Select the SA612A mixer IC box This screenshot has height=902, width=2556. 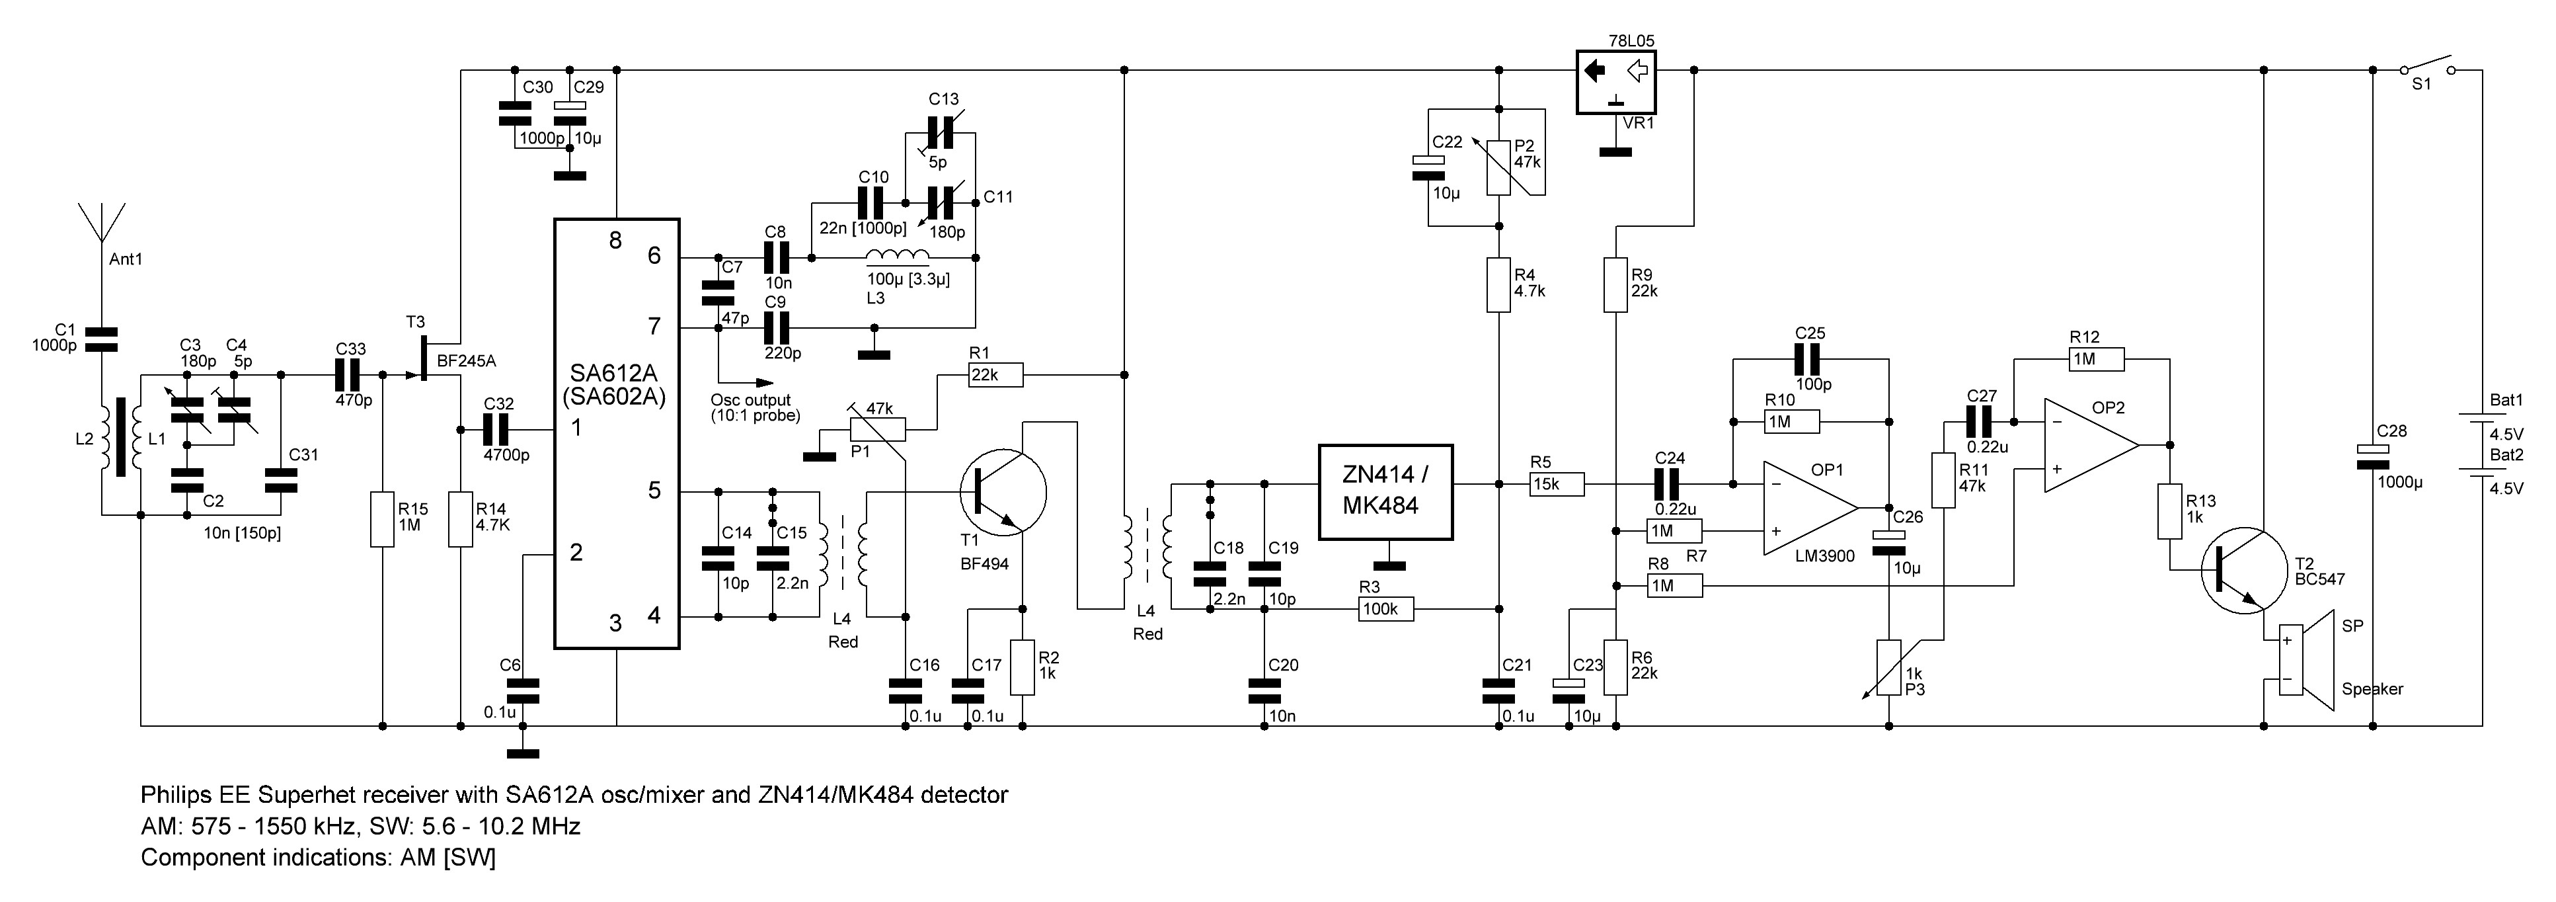616,434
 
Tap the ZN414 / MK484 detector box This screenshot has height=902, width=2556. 1385,491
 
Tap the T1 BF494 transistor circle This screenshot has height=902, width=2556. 1004,491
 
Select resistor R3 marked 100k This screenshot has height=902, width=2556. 1385,609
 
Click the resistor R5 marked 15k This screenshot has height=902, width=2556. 1556,484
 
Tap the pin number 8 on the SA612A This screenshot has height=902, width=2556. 615,240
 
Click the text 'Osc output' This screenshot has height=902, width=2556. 750,400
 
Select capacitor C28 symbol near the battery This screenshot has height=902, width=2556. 2372,454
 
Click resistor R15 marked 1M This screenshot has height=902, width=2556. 383,518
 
